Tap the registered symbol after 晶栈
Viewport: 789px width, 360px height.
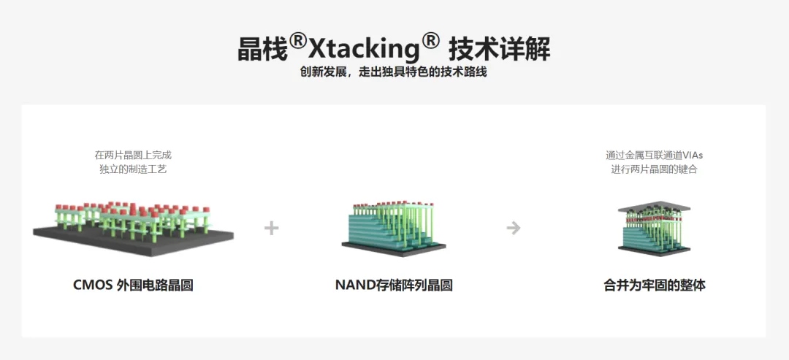[x=297, y=41]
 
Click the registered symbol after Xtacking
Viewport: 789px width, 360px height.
[x=430, y=41]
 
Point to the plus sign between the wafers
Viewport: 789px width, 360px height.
[x=272, y=228]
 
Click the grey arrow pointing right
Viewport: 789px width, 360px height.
[x=514, y=228]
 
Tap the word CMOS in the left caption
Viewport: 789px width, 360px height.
[x=93, y=286]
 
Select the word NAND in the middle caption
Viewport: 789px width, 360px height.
[x=354, y=286]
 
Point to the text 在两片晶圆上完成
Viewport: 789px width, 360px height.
[x=133, y=155]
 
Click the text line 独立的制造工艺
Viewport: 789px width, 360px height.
[x=133, y=169]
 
